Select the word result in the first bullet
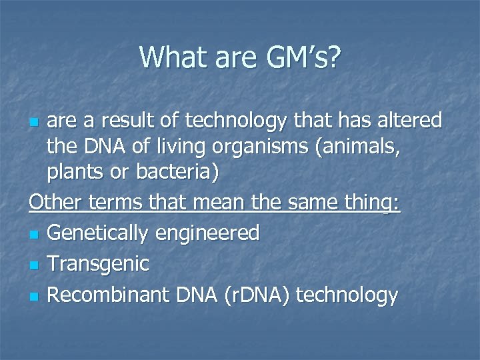[x=147, y=121]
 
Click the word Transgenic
[x=98, y=264]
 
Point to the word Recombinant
[x=107, y=295]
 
